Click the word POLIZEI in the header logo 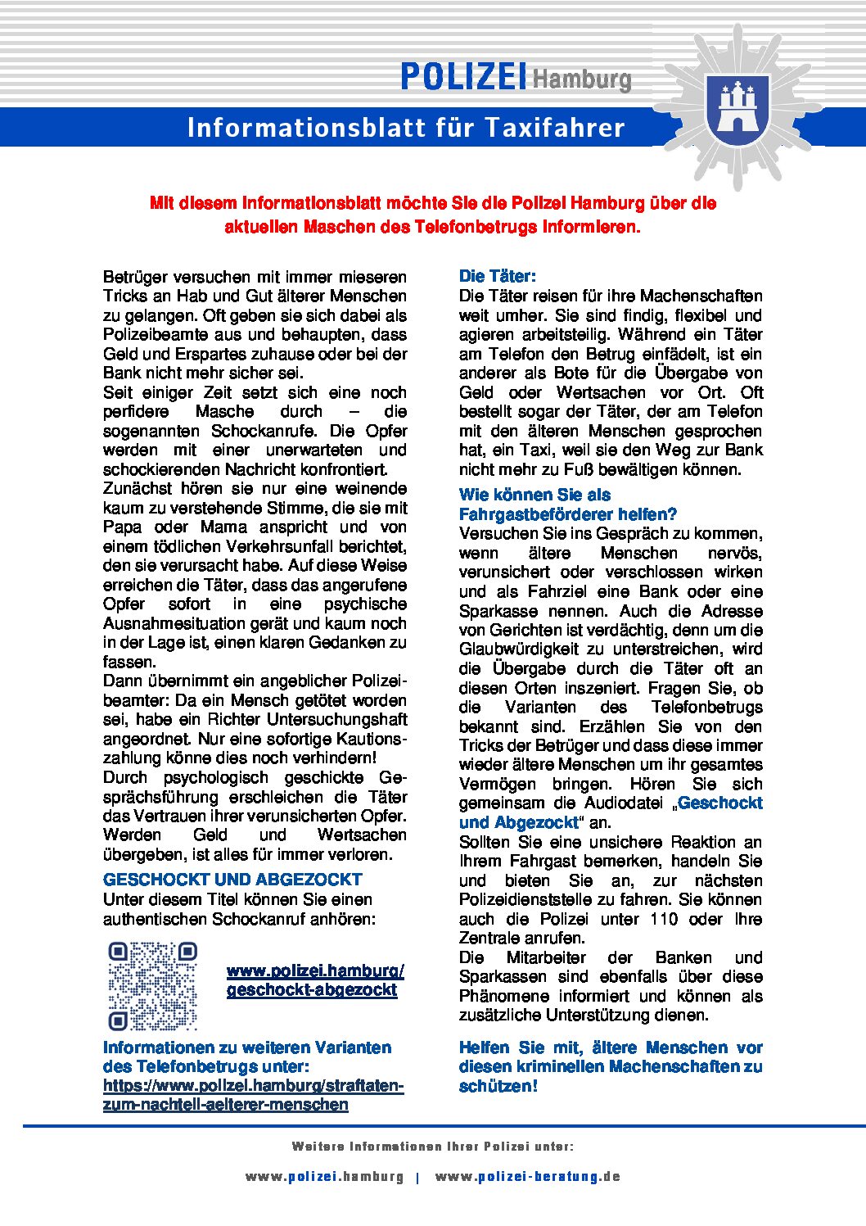click(462, 77)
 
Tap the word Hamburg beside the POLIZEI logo click(582, 79)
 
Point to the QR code click(153, 985)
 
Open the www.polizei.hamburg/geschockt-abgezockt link click(315, 980)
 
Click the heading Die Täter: click(498, 276)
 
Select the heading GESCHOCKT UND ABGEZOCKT click(232, 880)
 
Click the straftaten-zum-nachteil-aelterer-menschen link click(253, 1095)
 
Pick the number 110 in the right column click(664, 919)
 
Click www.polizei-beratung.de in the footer click(528, 1177)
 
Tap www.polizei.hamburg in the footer click(324, 1177)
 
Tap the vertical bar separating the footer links click(417, 1178)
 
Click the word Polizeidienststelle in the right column click(530, 900)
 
